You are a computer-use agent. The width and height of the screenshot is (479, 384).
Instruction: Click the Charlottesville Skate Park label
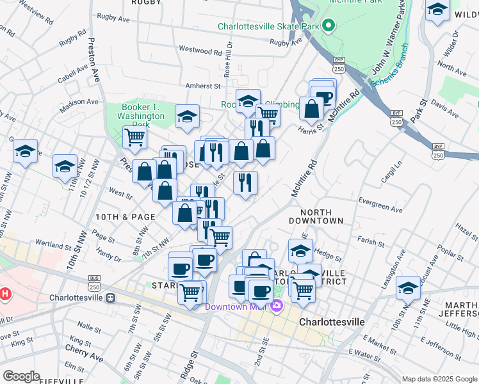click(268, 27)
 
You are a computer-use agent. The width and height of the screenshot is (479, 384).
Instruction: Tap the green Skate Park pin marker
click(329, 27)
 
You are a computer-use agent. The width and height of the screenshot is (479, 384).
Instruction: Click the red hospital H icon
click(5, 295)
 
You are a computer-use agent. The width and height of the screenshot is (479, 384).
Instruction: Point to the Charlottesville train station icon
click(110, 298)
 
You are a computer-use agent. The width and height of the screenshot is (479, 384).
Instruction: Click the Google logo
click(20, 376)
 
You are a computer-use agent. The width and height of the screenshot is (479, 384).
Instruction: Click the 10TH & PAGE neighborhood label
click(126, 217)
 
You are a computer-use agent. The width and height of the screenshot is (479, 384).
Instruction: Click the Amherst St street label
click(203, 85)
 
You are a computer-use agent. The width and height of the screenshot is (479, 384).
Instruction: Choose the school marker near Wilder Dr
click(437, 10)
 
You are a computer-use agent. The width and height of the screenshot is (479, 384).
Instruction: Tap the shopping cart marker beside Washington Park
click(134, 136)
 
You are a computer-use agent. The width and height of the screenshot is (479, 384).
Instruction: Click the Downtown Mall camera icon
click(277, 306)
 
